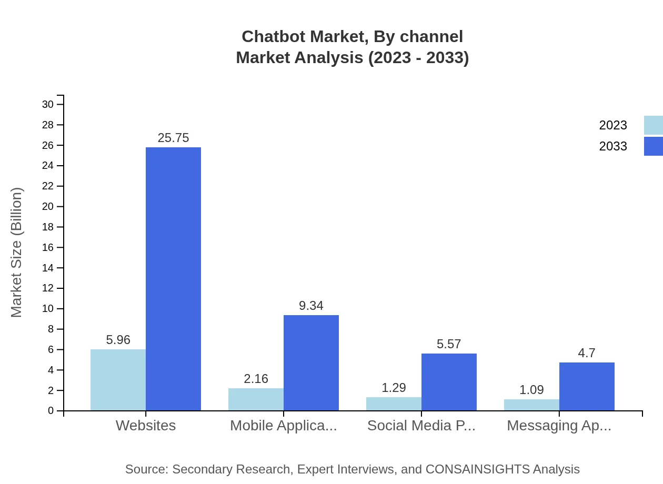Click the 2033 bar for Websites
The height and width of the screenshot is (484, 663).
173,279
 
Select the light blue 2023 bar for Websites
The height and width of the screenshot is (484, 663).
118,380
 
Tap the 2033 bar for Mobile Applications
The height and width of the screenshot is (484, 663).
311,362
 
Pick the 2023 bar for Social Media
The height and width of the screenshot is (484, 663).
394,404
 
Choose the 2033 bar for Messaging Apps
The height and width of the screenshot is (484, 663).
587,386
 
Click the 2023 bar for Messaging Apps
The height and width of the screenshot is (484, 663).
531,405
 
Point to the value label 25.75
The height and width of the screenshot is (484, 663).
173,138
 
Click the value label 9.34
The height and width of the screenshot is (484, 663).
311,306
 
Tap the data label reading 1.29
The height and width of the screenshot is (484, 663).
394,388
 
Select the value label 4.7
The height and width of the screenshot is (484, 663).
587,353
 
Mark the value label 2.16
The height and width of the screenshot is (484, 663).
256,379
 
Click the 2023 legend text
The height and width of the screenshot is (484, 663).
613,125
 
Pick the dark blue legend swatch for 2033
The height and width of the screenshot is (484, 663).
653,146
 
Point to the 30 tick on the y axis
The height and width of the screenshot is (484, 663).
48,105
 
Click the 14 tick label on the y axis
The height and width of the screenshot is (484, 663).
48,268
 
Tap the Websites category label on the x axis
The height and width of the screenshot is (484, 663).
146,426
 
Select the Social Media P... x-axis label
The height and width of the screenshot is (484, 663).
421,426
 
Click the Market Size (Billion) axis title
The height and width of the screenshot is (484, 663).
17,253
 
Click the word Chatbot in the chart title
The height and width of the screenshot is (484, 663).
273,37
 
